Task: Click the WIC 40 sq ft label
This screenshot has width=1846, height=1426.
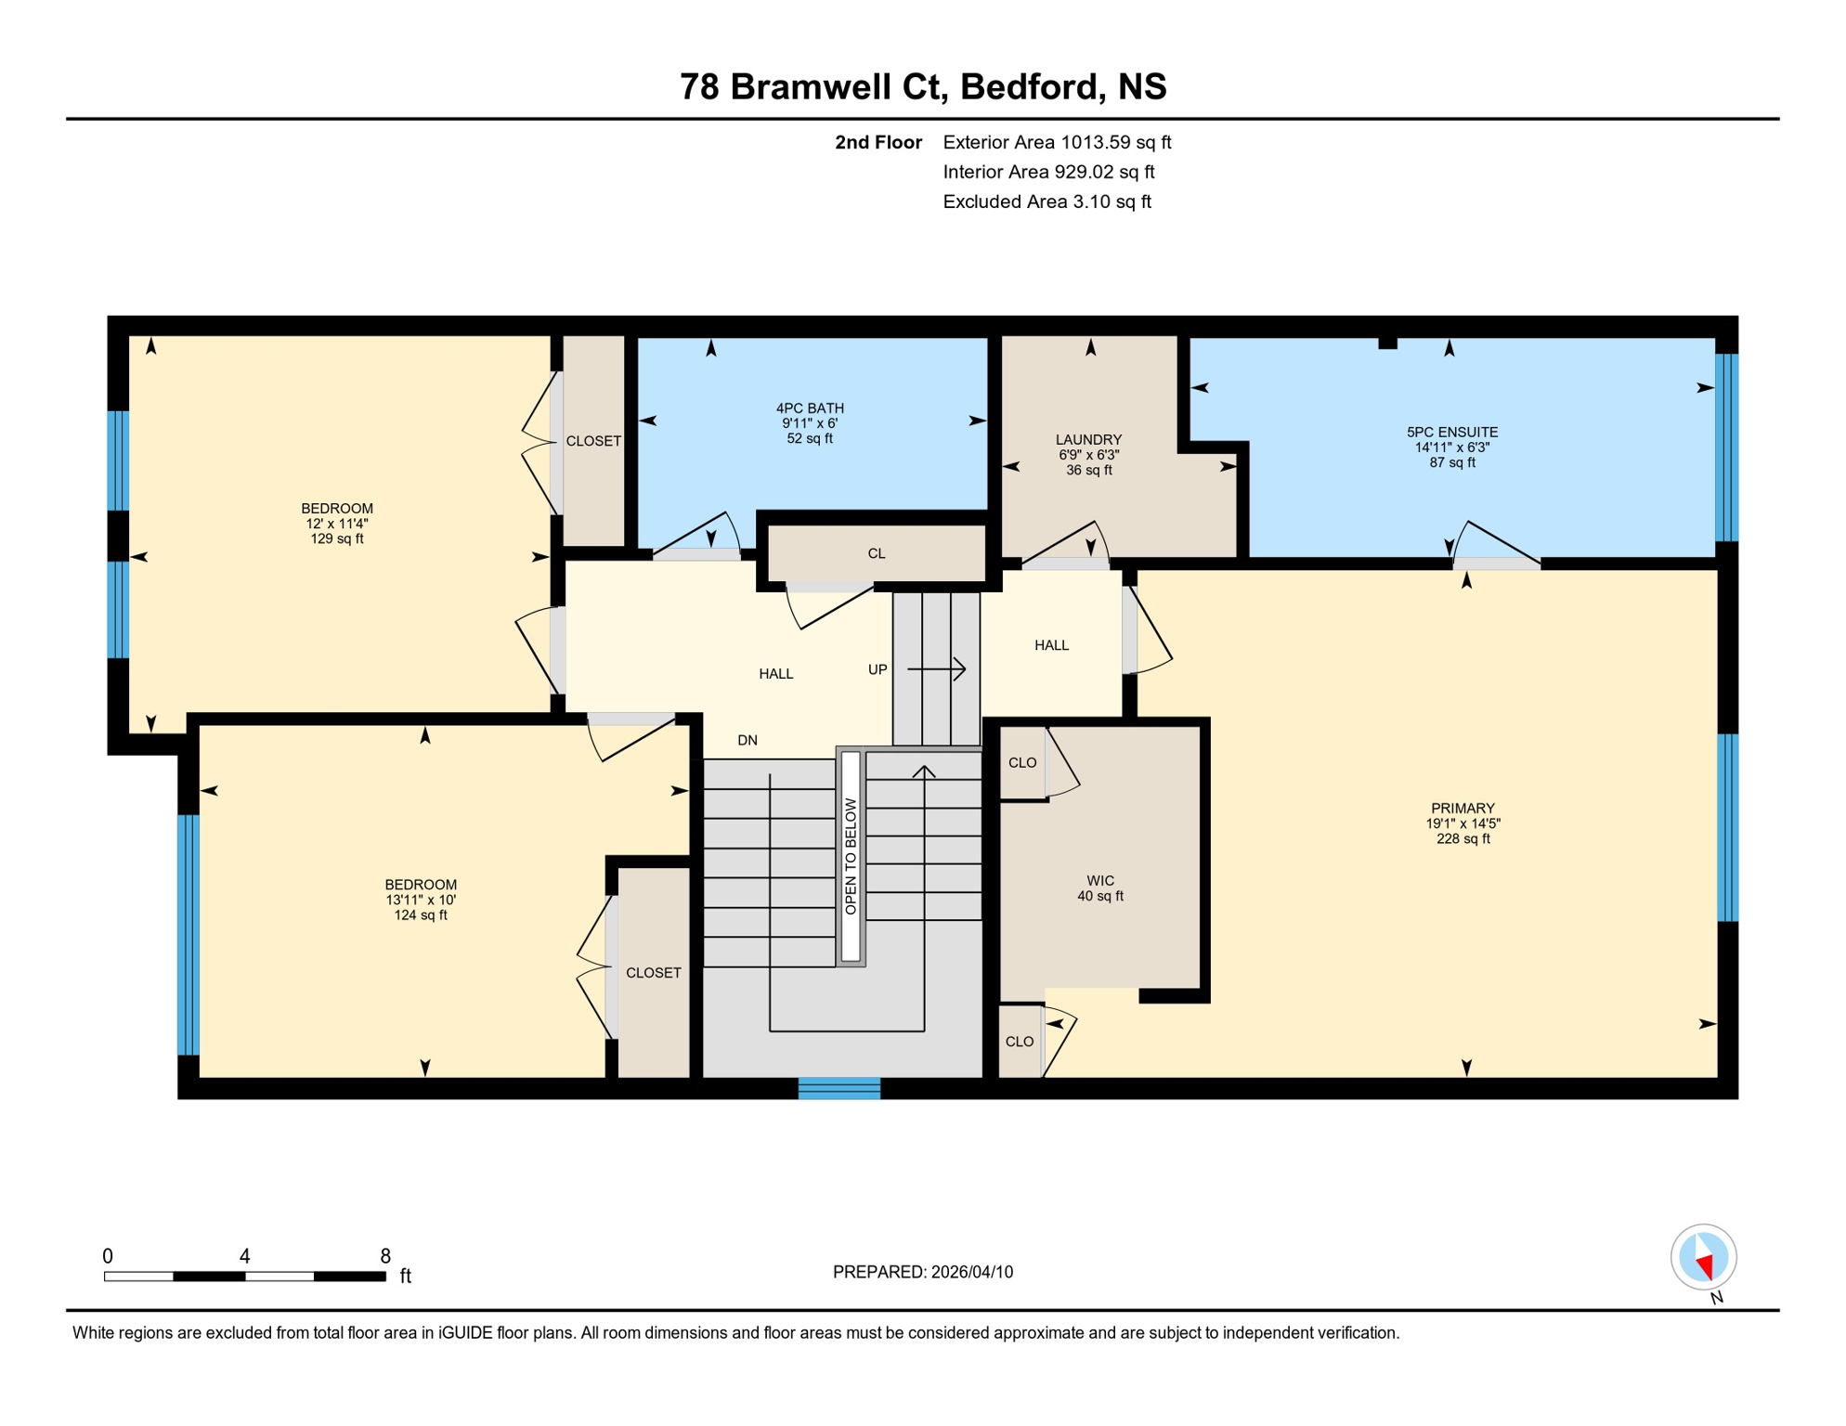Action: coord(1100,888)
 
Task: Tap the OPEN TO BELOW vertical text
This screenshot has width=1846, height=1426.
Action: coord(851,856)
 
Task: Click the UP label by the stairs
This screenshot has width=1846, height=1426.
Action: coord(877,669)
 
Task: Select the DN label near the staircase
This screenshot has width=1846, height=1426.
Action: coord(747,740)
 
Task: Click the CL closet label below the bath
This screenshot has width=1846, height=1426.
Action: coord(877,553)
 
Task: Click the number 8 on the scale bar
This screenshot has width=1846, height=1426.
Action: coord(385,1256)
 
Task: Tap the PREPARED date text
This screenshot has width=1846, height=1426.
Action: coord(922,1272)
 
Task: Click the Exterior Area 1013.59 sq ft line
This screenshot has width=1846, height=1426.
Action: coord(1057,142)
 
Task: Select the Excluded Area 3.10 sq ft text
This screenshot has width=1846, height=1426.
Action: coord(1046,201)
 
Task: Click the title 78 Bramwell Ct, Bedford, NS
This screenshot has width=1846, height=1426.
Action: coord(922,86)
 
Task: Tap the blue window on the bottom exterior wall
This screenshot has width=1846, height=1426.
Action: coord(838,1088)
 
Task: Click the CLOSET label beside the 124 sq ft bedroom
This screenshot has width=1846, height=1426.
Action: coord(654,973)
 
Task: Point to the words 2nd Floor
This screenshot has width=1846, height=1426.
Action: coord(877,142)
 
